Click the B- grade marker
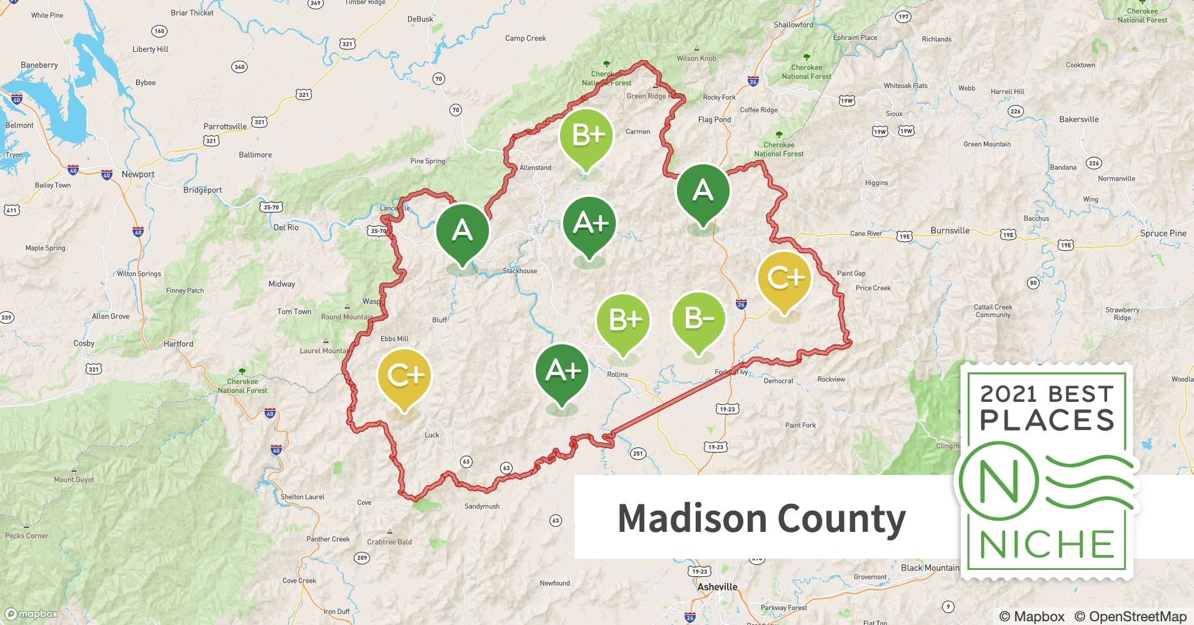(x=699, y=319)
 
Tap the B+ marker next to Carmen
(x=586, y=136)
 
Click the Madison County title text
(x=761, y=518)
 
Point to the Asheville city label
(x=717, y=587)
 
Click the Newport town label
(x=138, y=174)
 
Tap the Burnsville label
(x=950, y=230)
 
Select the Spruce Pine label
(x=1163, y=233)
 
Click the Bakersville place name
(x=1078, y=119)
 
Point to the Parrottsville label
(x=225, y=126)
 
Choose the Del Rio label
(x=286, y=227)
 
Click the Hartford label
(x=178, y=344)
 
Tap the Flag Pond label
(x=714, y=119)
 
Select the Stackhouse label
(x=519, y=271)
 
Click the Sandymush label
(x=481, y=506)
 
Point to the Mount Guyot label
(x=74, y=480)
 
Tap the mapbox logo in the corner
(x=31, y=614)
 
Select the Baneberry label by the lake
(x=39, y=65)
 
